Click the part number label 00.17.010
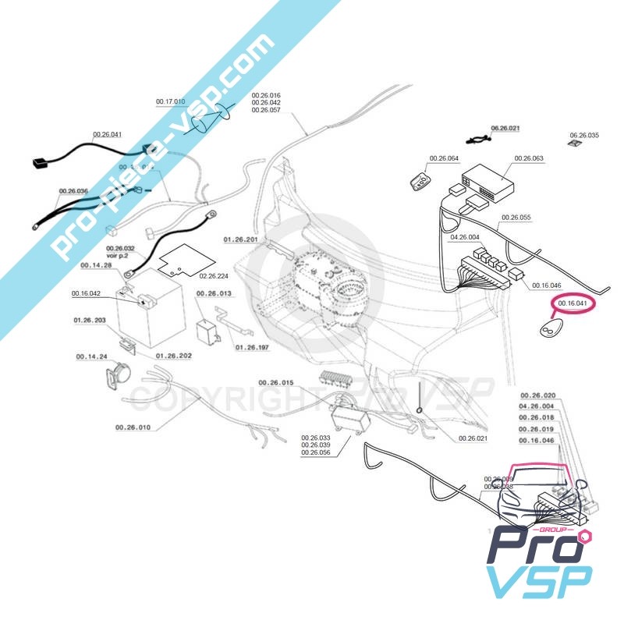[x=170, y=102]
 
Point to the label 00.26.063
[x=528, y=158]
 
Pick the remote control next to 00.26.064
[x=420, y=182]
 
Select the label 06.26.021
[x=505, y=127]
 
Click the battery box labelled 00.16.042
[x=148, y=316]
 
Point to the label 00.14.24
[x=91, y=356]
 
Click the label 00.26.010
[x=133, y=427]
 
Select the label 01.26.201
[x=239, y=239]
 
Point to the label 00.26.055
[x=516, y=217]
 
